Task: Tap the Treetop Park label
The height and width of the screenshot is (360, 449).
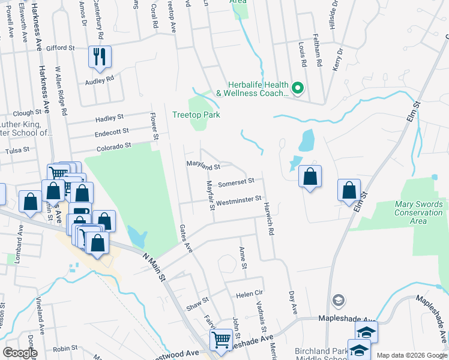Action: click(196, 115)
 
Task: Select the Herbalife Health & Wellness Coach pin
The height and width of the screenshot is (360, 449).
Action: click(298, 89)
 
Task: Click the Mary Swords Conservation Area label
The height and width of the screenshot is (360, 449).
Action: click(418, 212)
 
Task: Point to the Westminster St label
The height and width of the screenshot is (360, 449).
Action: click(239, 199)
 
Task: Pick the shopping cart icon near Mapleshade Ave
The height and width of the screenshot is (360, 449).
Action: click(221, 340)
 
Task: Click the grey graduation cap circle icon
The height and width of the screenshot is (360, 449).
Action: click(339, 299)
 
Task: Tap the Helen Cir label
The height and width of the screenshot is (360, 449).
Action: click(250, 295)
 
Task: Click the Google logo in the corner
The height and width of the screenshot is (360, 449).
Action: click(20, 353)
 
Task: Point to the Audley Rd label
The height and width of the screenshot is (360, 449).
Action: click(100, 80)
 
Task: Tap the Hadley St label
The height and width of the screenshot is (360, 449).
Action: click(109, 117)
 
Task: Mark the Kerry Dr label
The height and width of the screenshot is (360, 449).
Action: click(341, 59)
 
